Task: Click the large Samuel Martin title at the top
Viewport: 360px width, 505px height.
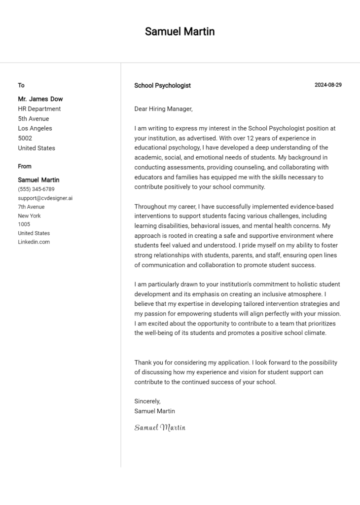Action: pyautogui.click(x=180, y=32)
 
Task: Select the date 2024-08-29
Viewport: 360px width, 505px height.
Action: pyautogui.click(x=328, y=85)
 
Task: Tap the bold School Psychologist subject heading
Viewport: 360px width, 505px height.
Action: pyautogui.click(x=162, y=85)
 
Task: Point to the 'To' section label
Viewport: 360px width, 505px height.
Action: pyautogui.click(x=21, y=85)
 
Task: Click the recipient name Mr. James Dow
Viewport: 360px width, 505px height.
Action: pyautogui.click(x=40, y=99)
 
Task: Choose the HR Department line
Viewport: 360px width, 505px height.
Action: pyautogui.click(x=39, y=108)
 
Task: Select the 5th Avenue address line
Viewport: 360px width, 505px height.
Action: pyautogui.click(x=34, y=118)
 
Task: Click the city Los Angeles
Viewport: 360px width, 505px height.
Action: pyautogui.click(x=35, y=128)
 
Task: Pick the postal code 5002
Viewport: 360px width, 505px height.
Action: pyautogui.click(x=25, y=138)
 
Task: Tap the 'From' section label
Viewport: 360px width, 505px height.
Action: pyautogui.click(x=25, y=166)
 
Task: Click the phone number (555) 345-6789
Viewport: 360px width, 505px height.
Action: pyautogui.click(x=36, y=189)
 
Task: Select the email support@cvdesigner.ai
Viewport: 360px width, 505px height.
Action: pyautogui.click(x=45, y=198)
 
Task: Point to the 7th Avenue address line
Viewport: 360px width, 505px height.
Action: pyautogui.click(x=31, y=207)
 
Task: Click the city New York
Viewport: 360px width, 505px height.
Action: pyautogui.click(x=29, y=216)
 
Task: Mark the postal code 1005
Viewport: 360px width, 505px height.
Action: pyautogui.click(x=24, y=224)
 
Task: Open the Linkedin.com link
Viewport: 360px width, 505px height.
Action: pyautogui.click(x=34, y=242)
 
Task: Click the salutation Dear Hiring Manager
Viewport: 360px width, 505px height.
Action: pyautogui.click(x=163, y=108)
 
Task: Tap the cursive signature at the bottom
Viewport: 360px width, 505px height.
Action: pyautogui.click(x=160, y=428)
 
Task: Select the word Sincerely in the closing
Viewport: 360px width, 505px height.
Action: pyautogui.click(x=147, y=401)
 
